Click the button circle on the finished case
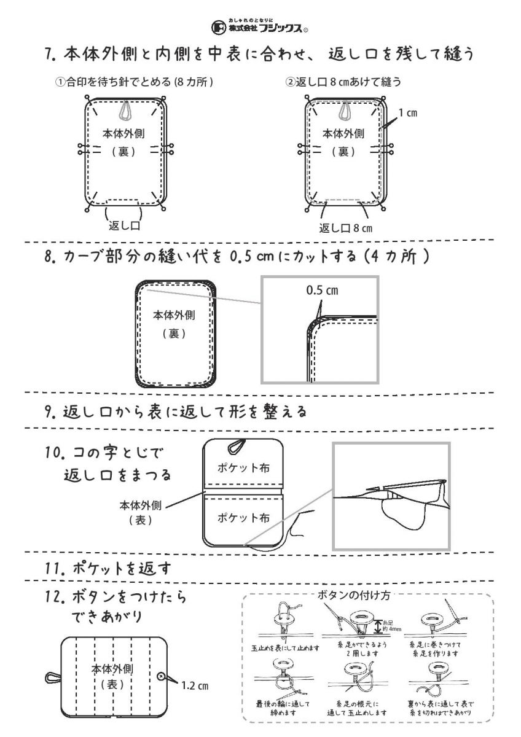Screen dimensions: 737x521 (162, 676)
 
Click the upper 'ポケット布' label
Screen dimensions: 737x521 (244, 468)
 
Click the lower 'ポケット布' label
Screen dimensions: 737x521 (244, 517)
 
